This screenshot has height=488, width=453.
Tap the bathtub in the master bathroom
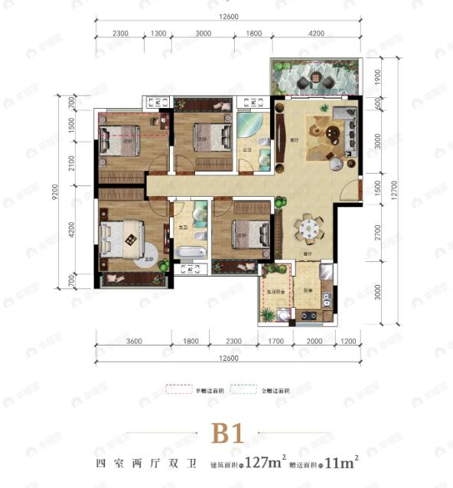click(x=188, y=252)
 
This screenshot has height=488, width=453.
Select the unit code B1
click(x=226, y=434)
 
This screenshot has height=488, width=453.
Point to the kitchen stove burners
click(x=309, y=314)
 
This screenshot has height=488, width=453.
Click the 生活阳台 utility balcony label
click(x=275, y=292)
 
